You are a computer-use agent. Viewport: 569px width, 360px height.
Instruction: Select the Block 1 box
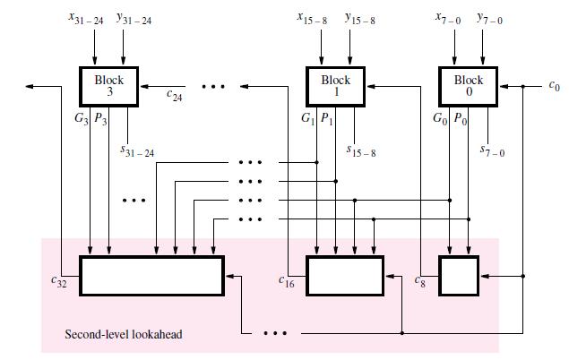point(335,86)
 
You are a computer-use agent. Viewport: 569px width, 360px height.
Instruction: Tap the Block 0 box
point(468,86)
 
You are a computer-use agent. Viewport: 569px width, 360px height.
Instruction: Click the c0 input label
point(553,87)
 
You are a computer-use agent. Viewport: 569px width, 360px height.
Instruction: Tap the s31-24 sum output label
point(136,153)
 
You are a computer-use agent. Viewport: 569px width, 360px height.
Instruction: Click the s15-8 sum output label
point(360,153)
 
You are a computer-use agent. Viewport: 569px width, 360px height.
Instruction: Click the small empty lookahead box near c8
point(458,275)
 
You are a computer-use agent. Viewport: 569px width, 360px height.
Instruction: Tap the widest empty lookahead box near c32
point(151,275)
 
